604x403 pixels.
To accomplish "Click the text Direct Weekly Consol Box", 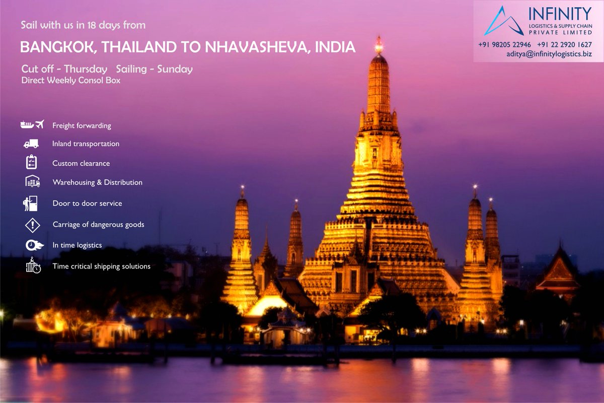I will click(71, 80).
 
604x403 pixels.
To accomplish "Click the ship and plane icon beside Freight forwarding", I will click(32, 124).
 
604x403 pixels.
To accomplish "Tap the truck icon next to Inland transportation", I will click(31, 144).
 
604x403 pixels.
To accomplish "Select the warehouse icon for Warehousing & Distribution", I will click(32, 181).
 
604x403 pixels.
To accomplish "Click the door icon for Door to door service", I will click(30, 203).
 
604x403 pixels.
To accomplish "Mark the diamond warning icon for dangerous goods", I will click(32, 225).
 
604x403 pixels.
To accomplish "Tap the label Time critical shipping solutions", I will click(101, 266).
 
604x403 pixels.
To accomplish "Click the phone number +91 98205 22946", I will click(504, 45).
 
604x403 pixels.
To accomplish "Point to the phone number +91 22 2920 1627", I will click(564, 45).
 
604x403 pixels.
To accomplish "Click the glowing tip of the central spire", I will click(379, 45).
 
